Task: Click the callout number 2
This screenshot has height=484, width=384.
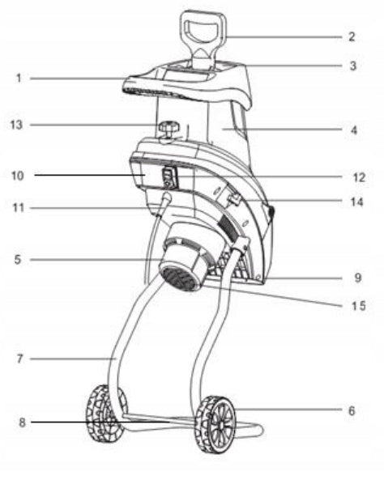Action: (x=352, y=36)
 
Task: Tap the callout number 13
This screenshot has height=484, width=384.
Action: (x=16, y=125)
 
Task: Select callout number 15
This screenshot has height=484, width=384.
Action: (x=358, y=306)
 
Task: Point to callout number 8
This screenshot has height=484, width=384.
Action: (x=22, y=422)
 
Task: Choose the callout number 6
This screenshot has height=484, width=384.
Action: (x=352, y=411)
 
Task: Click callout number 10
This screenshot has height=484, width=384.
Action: (x=17, y=176)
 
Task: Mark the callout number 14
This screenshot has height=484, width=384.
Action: (x=356, y=202)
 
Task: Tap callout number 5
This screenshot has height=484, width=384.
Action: (x=18, y=259)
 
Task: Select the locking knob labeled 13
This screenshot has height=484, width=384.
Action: (x=169, y=129)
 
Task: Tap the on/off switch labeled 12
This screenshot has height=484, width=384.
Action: (x=169, y=177)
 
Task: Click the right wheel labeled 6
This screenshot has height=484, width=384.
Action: (x=215, y=424)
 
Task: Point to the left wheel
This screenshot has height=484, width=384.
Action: (x=105, y=414)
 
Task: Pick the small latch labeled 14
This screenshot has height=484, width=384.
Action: (x=234, y=199)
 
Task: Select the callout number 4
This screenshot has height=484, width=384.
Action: (x=354, y=130)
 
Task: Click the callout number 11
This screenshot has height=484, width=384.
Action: (x=18, y=207)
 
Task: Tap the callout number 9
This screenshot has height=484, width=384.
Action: (x=357, y=278)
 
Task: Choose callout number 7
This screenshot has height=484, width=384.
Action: (x=19, y=359)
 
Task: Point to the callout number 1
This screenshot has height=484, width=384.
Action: (x=19, y=78)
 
